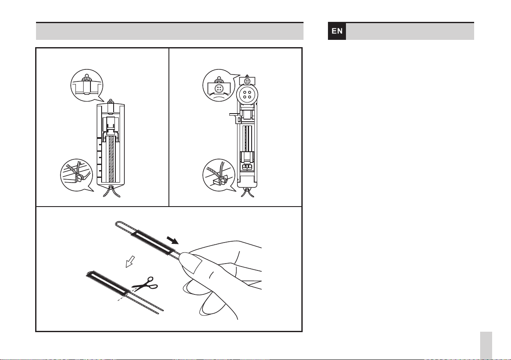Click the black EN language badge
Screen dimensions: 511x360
point(337,31)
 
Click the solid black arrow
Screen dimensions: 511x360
point(172,240)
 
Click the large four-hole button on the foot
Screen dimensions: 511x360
point(247,94)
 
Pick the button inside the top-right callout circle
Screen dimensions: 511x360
point(219,88)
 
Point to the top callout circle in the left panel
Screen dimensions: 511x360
point(87,85)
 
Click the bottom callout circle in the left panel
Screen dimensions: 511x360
point(77,175)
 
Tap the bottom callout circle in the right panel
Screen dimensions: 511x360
point(219,175)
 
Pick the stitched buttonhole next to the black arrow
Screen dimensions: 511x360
point(151,243)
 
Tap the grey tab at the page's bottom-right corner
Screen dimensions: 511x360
point(486,345)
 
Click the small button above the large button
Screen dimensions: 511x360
point(247,81)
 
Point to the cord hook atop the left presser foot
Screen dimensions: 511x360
point(111,102)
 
